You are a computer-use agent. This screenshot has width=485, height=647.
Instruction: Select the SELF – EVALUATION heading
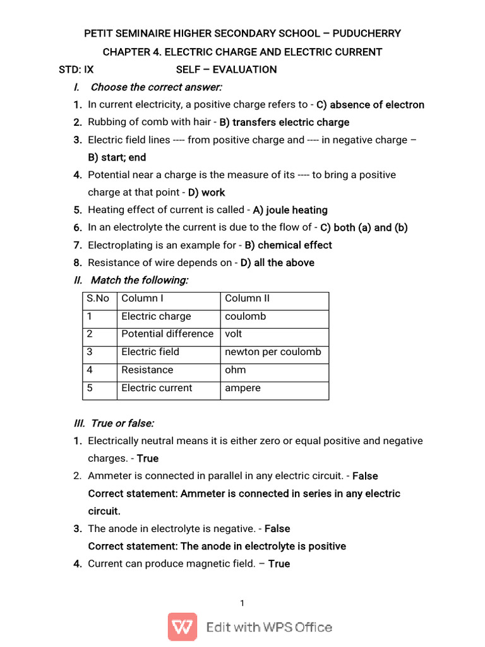tap(226, 70)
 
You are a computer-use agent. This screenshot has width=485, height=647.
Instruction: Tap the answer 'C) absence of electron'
tap(370, 105)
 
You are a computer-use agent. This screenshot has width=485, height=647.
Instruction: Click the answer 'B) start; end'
tap(117, 157)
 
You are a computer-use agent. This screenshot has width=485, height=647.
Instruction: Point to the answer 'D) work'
tap(207, 192)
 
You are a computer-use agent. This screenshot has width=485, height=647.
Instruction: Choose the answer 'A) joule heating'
tap(290, 210)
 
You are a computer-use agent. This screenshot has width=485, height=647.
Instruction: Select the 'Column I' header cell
tap(142, 298)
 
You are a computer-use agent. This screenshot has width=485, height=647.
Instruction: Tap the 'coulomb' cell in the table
tap(246, 316)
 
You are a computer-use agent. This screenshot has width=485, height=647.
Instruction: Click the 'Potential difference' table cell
tap(167, 334)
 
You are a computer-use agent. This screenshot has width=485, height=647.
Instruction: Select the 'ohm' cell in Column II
tap(236, 370)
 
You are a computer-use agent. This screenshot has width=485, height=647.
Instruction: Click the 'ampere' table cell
tap(242, 388)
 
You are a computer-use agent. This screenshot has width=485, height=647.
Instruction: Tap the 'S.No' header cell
tap(99, 298)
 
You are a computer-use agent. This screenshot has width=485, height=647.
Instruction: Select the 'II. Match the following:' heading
tap(131, 280)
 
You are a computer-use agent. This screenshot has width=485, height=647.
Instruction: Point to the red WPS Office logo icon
tap(182, 627)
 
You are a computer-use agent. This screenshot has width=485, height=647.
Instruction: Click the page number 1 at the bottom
tap(242, 603)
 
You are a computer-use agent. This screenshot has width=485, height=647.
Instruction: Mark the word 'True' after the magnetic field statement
tap(279, 564)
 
